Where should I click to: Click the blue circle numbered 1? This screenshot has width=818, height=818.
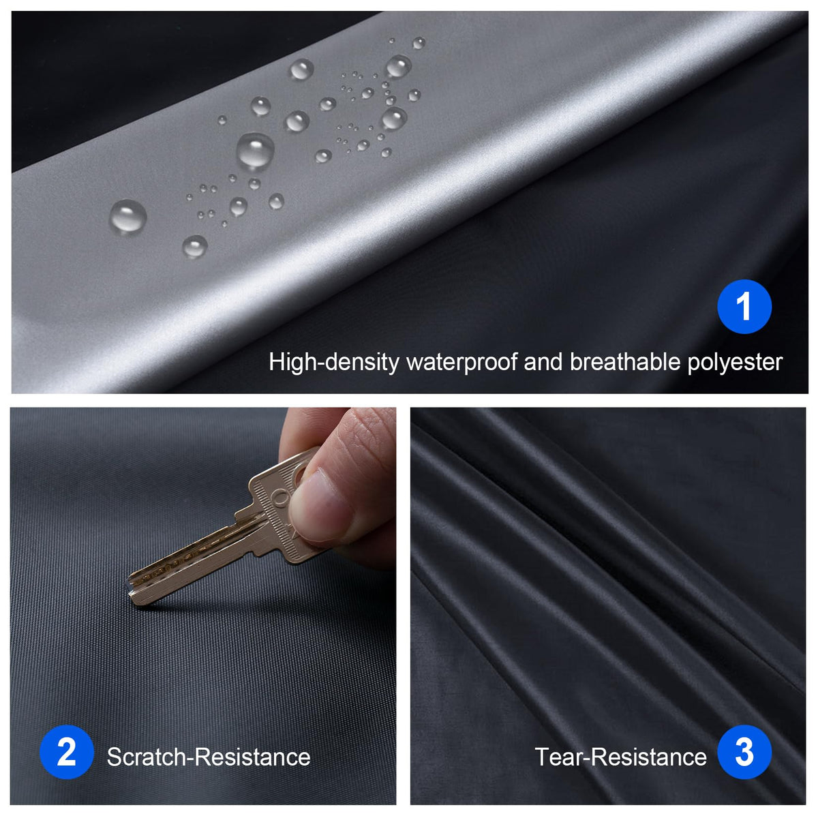tap(744, 307)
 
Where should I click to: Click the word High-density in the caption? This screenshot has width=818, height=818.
tap(334, 363)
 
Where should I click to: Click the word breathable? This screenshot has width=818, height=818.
tap(625, 362)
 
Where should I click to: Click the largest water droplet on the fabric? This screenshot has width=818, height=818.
tap(255, 151)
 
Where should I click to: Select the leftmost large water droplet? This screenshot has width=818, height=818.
tap(127, 217)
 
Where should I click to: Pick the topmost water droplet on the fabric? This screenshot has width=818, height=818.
tap(391, 41)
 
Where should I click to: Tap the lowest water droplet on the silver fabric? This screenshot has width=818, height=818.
tap(195, 247)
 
